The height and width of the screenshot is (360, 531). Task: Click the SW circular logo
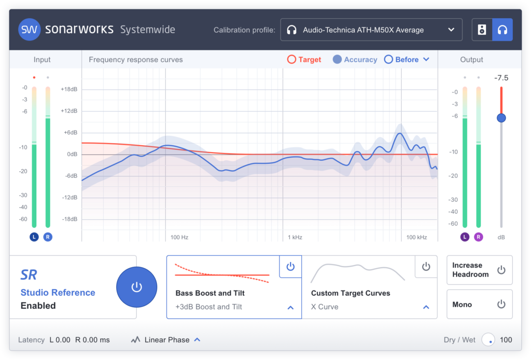[x=29, y=30]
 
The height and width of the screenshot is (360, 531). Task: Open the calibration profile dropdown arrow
[x=451, y=30]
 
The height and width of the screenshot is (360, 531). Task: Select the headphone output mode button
[x=502, y=30]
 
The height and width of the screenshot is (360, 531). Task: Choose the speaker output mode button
[x=482, y=30]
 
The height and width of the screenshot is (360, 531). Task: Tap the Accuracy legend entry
[x=355, y=60]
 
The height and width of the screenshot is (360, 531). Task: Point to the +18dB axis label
[x=69, y=89]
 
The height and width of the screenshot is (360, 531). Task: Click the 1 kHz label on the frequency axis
[x=295, y=237]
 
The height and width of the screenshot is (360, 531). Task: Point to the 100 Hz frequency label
[x=179, y=237]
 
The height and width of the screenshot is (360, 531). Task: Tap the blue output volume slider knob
[x=501, y=118]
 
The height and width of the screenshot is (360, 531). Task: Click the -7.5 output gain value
[x=501, y=78]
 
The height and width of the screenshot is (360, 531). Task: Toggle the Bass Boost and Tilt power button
[x=290, y=267]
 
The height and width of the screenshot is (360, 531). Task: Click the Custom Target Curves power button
[x=426, y=267]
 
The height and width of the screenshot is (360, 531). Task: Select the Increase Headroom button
[x=479, y=270]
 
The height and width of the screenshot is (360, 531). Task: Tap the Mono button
[x=479, y=304]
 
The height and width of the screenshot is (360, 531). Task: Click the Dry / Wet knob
[x=488, y=340]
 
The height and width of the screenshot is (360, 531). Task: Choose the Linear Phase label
[x=167, y=340]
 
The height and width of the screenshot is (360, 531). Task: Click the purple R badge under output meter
[x=478, y=237]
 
